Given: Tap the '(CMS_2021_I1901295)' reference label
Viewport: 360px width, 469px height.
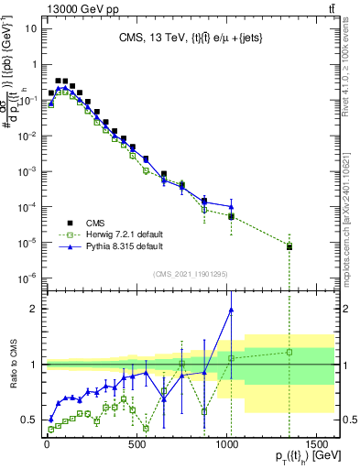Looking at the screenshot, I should [x=190, y=273].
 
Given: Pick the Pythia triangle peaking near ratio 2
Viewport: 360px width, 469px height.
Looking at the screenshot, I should [x=231, y=310].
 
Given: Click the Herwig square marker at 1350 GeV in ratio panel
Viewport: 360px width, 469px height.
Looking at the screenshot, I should [x=289, y=352].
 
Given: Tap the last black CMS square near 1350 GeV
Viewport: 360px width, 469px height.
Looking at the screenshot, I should [x=289, y=246].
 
